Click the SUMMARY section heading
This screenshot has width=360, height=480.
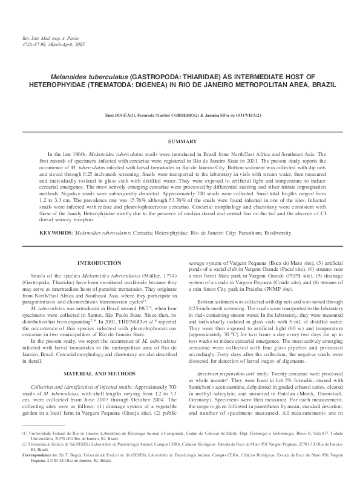tap(180, 141)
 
